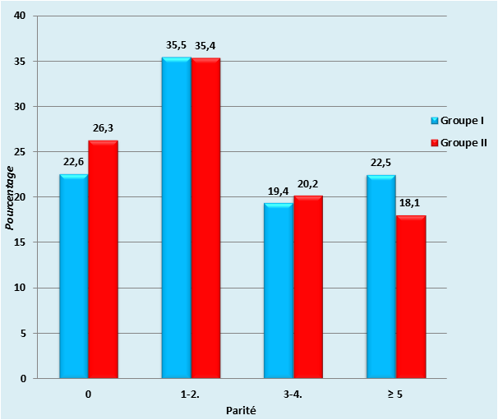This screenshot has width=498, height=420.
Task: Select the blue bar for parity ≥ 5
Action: [381, 277]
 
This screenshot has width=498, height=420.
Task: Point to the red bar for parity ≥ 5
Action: [410, 297]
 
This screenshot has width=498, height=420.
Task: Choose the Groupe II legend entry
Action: [463, 142]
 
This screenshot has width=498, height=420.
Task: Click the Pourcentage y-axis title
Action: [11, 197]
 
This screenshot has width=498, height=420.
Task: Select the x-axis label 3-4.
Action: [293, 395]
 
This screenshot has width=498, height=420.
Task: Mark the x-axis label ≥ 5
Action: [395, 395]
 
